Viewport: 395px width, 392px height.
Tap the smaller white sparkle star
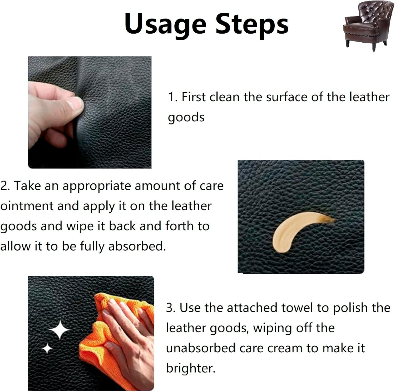(x=47, y=348)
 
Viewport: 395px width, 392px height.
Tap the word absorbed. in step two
(x=137, y=246)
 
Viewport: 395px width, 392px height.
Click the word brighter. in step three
(x=191, y=368)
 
